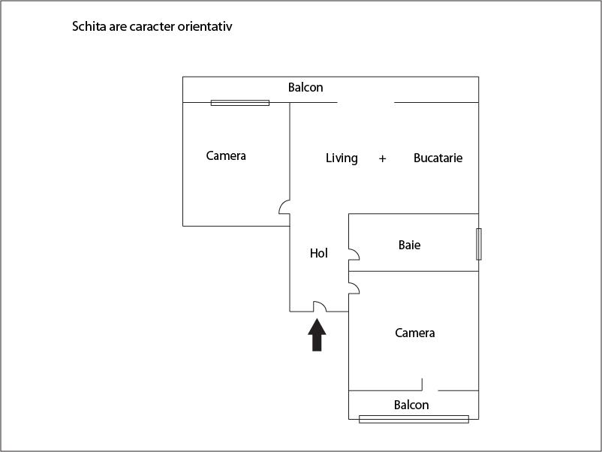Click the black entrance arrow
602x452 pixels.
click(317, 335)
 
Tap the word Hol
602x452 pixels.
click(319, 253)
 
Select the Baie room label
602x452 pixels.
click(409, 245)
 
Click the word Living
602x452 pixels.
click(342, 158)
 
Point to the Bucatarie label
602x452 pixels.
click(438, 158)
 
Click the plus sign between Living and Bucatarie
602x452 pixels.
click(382, 158)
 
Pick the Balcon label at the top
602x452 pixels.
click(306, 88)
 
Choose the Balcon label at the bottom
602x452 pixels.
click(411, 405)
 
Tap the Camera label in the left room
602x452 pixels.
click(226, 155)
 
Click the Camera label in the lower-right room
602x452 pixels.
click(414, 333)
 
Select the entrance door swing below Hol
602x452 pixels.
click(320, 306)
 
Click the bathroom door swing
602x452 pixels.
click(354, 255)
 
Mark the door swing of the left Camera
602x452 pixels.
click(284, 207)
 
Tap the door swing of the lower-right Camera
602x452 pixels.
click(354, 288)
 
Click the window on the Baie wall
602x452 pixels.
click(479, 244)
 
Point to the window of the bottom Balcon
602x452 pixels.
click(414, 420)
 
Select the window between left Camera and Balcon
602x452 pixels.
click(240, 103)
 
